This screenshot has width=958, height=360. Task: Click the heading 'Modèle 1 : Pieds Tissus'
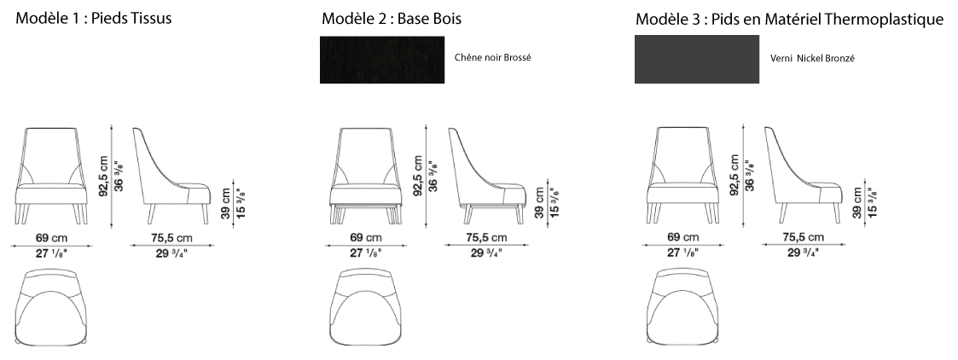[x=94, y=18]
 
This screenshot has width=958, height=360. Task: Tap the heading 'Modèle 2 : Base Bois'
[x=392, y=19]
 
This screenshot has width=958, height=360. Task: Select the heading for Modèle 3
[x=789, y=20]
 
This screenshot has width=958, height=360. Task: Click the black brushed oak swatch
[x=382, y=59]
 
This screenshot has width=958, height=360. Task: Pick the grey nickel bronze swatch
[x=697, y=59]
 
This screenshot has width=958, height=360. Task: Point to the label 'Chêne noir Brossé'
[x=493, y=57]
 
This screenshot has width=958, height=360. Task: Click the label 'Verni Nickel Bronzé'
[x=812, y=59]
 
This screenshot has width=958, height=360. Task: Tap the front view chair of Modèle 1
[x=51, y=176]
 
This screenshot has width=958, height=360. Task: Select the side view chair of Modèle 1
[x=171, y=176]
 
